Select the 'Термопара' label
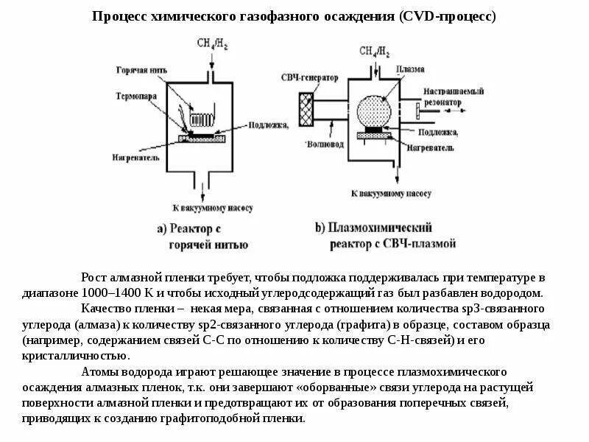(135, 97)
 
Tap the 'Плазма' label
(409, 69)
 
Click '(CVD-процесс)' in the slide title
(448, 15)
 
